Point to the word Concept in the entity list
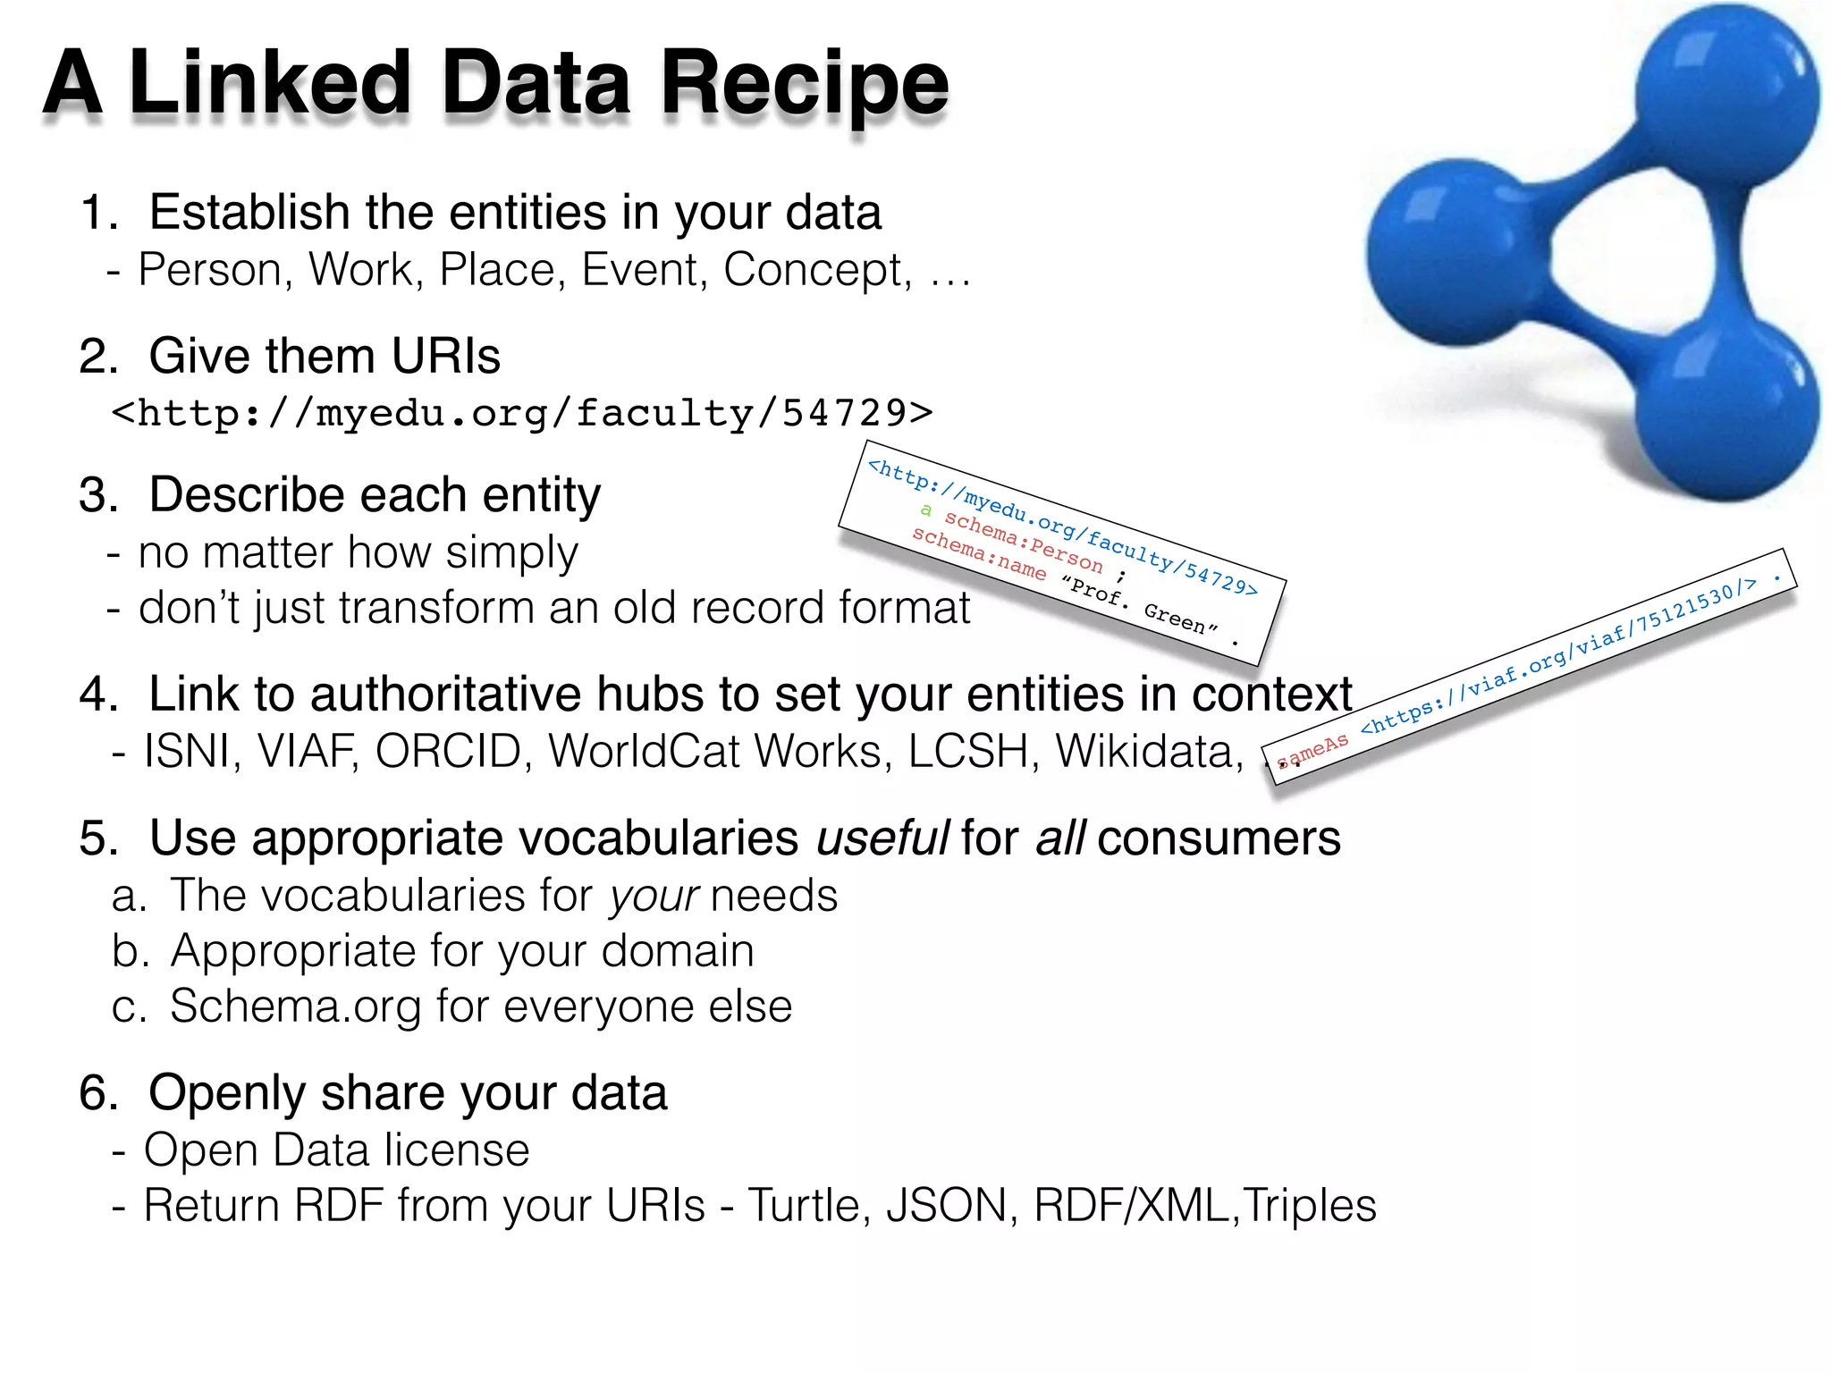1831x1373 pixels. point(817,270)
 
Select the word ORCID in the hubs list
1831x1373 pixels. point(448,751)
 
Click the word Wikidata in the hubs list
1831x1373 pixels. point(1149,751)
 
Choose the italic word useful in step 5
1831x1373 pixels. point(882,838)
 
